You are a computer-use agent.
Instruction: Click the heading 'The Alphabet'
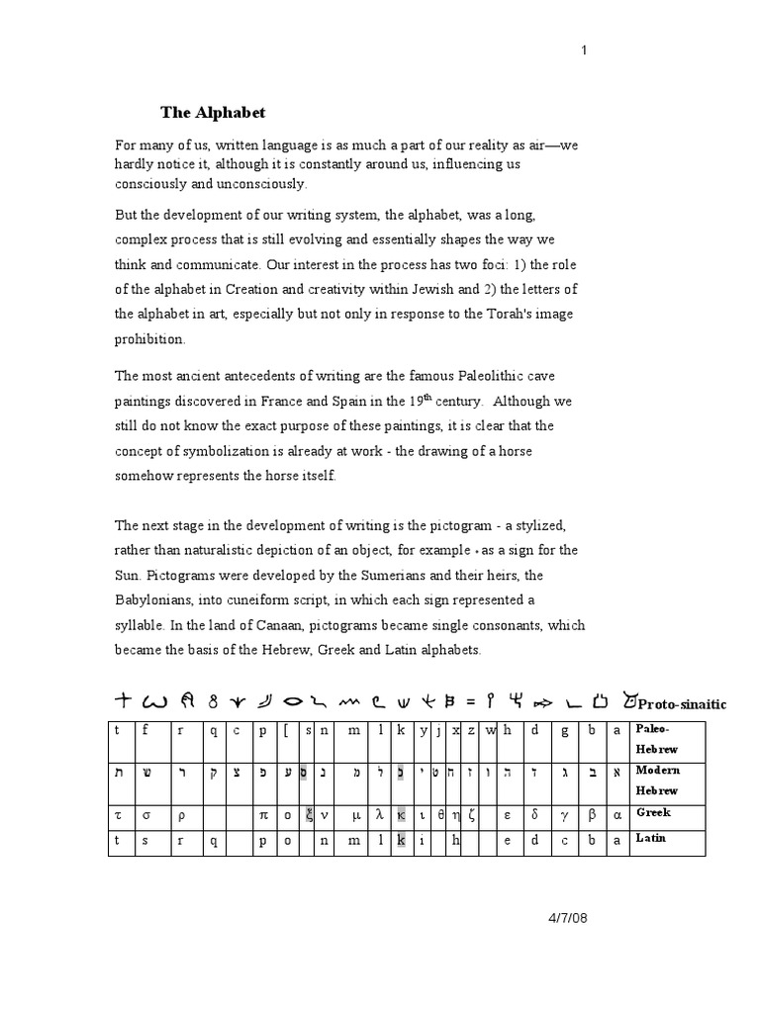coord(214,112)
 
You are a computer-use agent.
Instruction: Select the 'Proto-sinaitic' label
coord(682,704)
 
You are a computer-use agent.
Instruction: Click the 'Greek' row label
coord(653,812)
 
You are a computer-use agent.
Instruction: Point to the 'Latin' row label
coord(652,838)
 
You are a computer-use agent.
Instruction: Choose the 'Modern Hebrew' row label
coord(657,780)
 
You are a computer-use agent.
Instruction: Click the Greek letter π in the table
coord(265,815)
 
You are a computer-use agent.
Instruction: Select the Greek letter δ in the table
coord(535,815)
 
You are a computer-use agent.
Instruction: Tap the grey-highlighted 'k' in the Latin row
coord(401,841)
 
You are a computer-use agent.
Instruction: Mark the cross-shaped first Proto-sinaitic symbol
coord(123,701)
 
